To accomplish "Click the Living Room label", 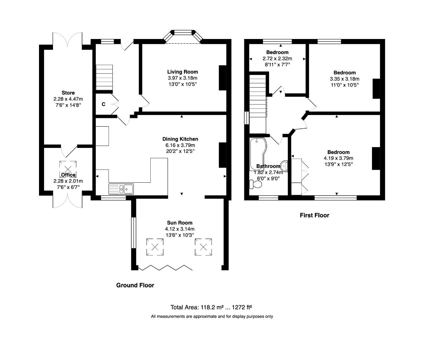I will (182, 72).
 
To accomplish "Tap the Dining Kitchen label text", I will (180, 139).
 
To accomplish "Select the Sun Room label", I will (180, 223).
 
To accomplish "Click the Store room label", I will (68, 93).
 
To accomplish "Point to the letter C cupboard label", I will (103, 104).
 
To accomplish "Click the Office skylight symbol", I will (68, 168).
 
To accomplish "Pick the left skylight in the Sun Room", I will (155, 247).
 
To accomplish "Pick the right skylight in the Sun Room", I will (203, 247).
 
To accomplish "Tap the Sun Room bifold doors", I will (165, 268).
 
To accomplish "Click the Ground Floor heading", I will (135, 285).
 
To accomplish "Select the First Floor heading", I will (314, 215).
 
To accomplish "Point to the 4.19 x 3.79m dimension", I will (338, 158).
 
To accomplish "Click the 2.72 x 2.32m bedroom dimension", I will (277, 58).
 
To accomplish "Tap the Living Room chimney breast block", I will (222, 77).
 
